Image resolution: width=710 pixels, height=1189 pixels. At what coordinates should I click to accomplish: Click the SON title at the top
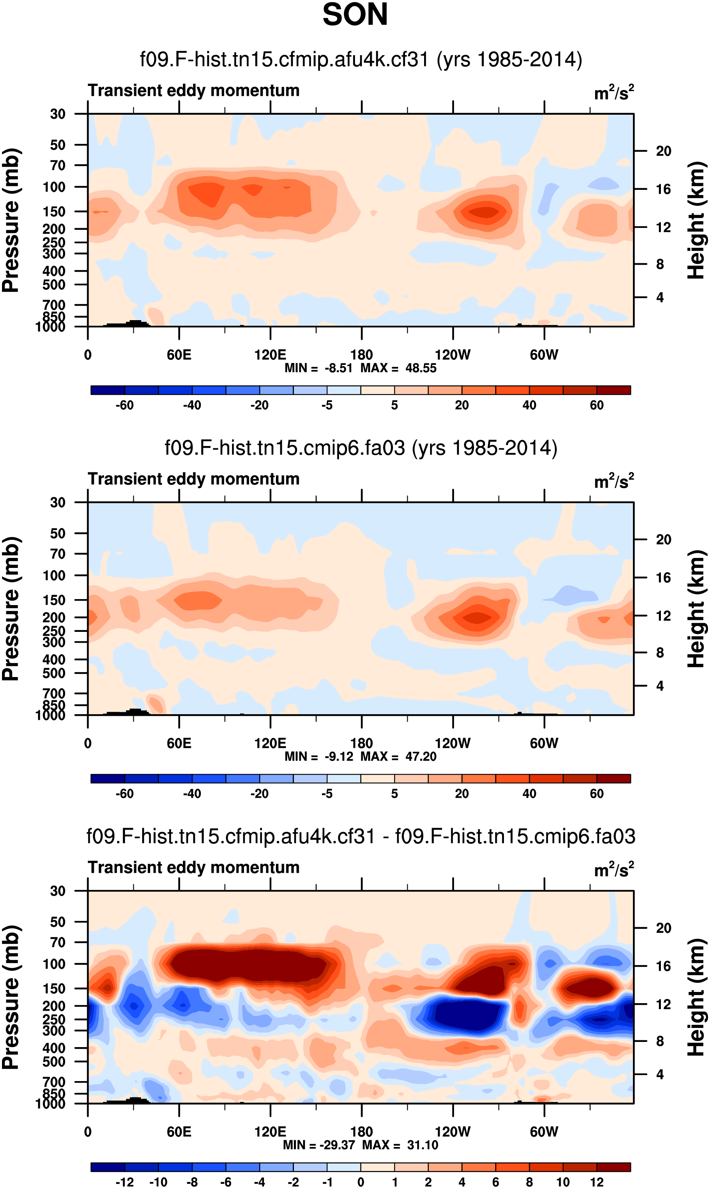(355, 14)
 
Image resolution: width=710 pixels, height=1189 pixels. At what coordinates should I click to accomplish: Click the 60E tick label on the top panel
(179, 355)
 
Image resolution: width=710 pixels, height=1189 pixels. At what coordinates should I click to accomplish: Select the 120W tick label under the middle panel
(452, 743)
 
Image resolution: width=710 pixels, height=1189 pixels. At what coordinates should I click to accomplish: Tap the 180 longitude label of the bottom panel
(361, 1131)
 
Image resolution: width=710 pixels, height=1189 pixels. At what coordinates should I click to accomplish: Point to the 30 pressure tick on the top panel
(58, 114)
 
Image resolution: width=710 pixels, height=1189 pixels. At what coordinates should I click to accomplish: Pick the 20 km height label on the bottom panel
(664, 928)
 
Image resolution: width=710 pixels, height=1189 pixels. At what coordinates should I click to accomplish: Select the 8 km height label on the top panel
(660, 264)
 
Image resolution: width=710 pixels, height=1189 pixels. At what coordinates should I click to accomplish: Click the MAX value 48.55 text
(421, 368)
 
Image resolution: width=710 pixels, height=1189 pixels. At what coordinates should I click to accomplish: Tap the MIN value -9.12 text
(339, 757)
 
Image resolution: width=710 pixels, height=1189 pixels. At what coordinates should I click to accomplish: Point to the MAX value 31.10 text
(422, 1145)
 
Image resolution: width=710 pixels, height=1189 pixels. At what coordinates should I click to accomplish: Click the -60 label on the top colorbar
(125, 405)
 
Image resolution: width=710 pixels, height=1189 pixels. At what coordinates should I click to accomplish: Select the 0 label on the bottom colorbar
(361, 1182)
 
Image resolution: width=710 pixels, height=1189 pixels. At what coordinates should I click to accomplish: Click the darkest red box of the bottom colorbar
(613, 1167)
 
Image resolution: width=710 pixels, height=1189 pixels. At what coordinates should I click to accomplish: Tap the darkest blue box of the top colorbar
(108, 390)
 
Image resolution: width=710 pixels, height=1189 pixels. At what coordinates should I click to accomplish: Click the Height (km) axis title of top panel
(696, 220)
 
